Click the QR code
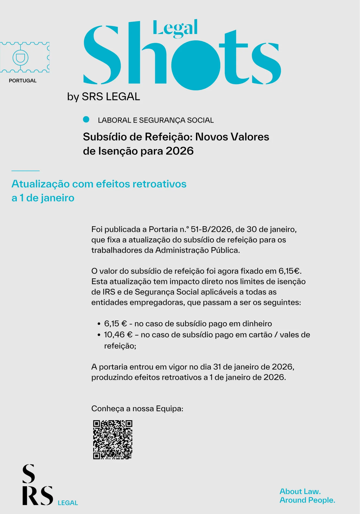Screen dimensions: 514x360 coord(113,439)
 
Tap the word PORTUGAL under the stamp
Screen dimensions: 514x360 coord(23,81)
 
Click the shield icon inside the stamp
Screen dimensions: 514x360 coord(21,57)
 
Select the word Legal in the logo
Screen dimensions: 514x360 coord(175,28)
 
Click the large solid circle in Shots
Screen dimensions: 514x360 coord(196,65)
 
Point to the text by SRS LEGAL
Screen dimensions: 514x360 coord(104,97)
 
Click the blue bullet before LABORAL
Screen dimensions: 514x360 coord(86,120)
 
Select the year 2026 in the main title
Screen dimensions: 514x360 coord(179,151)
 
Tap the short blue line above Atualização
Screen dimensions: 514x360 coord(25,171)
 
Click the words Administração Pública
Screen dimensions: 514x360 coord(197,250)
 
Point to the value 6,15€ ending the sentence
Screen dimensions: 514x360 coord(289,271)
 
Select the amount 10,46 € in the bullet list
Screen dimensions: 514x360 coord(118,335)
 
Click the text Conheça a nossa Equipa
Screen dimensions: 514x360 coord(137,408)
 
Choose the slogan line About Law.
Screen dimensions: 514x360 coord(300,491)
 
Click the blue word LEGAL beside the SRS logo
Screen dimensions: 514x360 coord(68,503)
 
